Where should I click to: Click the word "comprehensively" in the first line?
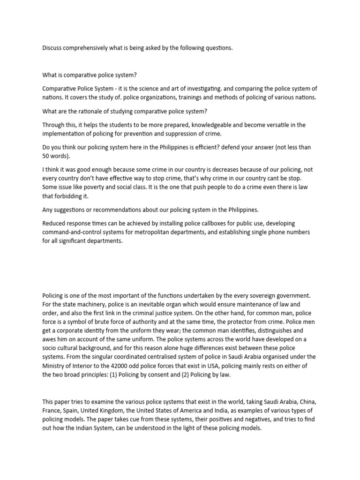tap(84, 48)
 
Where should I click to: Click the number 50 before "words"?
tap(46, 156)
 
